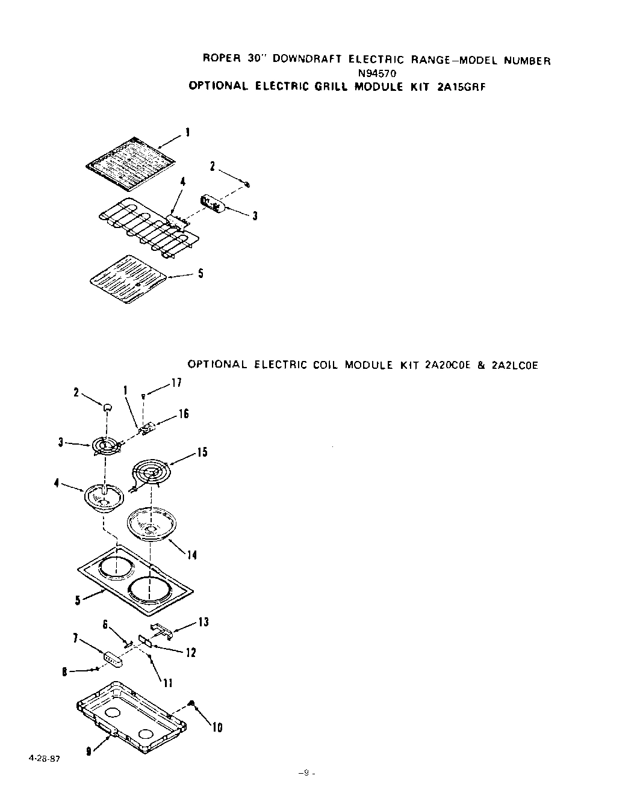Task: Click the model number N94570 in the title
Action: click(378, 73)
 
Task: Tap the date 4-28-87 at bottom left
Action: click(44, 758)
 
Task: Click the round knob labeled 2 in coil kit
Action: click(108, 407)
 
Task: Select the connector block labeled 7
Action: click(113, 659)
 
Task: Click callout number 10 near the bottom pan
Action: click(217, 728)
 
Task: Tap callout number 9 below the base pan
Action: click(89, 750)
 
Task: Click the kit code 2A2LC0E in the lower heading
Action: click(514, 365)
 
